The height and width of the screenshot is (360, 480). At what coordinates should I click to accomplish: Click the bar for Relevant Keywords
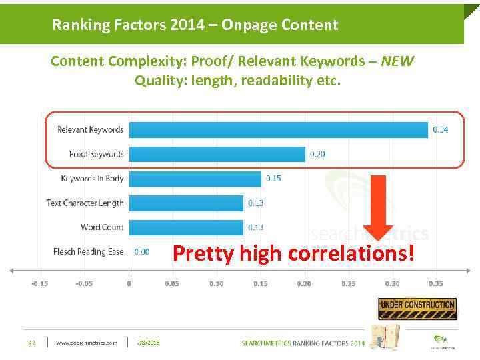[x=278, y=129]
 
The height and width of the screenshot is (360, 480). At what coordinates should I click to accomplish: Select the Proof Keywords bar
[x=217, y=154]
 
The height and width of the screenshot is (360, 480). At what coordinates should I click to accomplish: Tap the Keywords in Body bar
[x=195, y=179]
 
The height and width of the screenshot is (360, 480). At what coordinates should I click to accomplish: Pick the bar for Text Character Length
[x=186, y=203]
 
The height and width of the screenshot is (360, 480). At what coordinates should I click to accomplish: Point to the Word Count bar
[x=186, y=227]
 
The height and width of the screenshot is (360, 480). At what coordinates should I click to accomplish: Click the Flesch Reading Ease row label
[x=88, y=252]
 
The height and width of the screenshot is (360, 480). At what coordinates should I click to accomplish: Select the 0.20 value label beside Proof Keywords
[x=317, y=154]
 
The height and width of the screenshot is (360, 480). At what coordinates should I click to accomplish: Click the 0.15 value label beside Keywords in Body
[x=273, y=179]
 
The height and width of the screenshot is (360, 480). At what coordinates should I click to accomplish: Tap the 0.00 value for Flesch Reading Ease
[x=142, y=252]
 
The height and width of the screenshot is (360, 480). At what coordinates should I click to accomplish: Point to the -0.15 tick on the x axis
[x=39, y=284]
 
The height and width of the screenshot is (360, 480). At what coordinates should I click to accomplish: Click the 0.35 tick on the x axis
[x=435, y=284]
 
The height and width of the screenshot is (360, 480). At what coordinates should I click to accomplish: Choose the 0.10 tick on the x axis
[x=216, y=284]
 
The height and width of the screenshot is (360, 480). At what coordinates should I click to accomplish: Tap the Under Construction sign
[x=417, y=308]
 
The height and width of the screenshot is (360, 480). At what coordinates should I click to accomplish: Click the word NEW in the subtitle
[x=398, y=62]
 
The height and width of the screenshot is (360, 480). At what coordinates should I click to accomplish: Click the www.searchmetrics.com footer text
[x=87, y=343]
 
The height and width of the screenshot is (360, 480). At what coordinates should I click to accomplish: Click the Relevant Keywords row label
[x=91, y=129]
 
